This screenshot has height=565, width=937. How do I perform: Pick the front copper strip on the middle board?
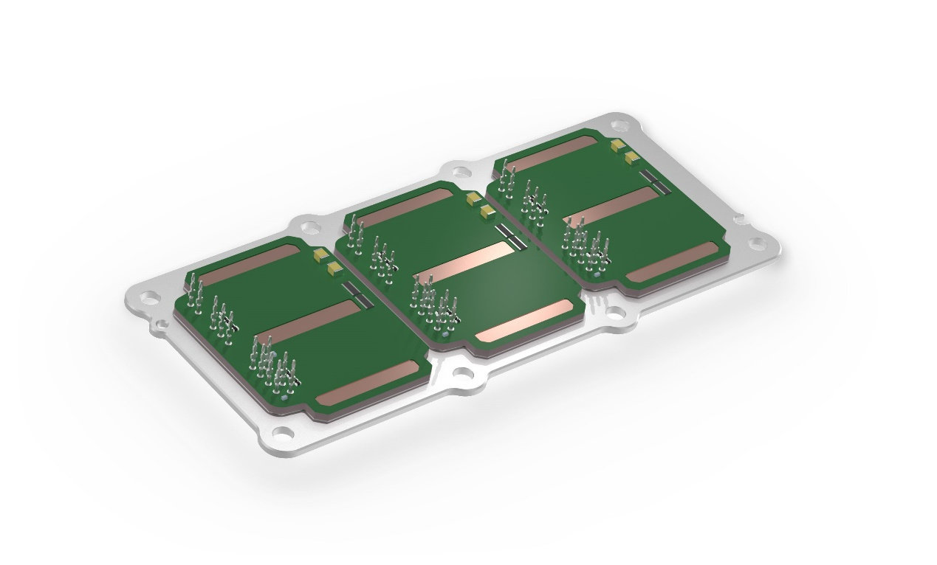coord(525,322)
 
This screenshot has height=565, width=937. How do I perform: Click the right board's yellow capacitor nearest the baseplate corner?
coord(618,144)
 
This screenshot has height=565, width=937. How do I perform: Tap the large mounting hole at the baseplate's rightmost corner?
coord(756,244)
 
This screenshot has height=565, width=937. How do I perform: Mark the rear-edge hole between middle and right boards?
coord(461,173)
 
